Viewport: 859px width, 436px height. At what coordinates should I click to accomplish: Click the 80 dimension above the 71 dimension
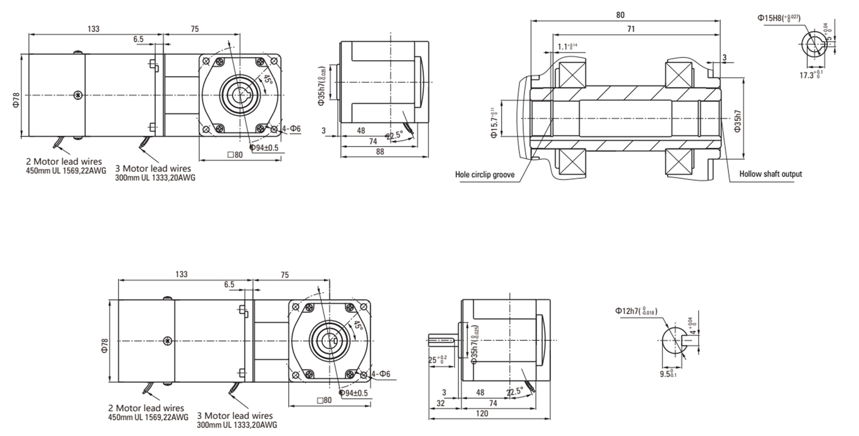pos(620,15)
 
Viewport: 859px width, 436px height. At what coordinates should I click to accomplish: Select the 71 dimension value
pos(631,28)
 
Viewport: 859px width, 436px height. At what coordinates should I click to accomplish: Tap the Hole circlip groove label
pos(484,174)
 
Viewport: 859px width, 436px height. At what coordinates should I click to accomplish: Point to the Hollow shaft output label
pos(770,174)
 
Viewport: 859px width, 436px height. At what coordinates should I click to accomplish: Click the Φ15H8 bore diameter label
pos(779,18)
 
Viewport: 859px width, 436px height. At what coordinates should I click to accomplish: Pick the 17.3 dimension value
pos(811,74)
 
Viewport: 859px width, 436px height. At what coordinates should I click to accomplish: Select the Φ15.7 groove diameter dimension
pos(493,120)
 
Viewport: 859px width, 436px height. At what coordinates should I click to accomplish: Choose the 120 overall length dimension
pos(482,413)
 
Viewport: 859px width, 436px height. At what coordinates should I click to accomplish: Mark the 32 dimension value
pos(441,403)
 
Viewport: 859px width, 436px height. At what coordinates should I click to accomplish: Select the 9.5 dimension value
pos(667,374)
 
